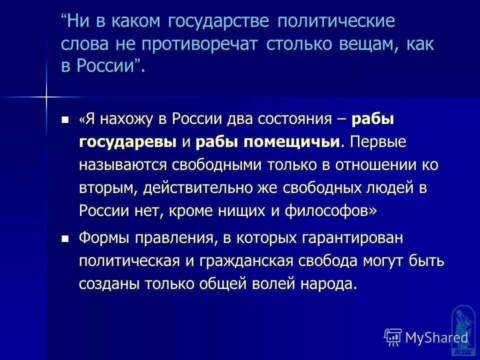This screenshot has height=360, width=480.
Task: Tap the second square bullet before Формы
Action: click(x=64, y=238)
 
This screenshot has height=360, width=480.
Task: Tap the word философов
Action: click(x=330, y=211)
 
